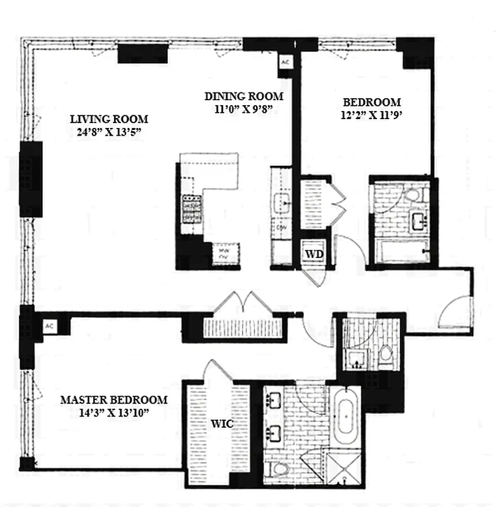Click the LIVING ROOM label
pos(108,119)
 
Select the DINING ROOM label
pos(243,96)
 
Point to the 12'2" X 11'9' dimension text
pos(372,115)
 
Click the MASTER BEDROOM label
pos(114,400)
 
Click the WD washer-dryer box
pos(315,254)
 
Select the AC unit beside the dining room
pos(285,62)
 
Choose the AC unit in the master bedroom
pos(49,326)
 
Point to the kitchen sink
pos(281,203)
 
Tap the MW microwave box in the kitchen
pos(224,253)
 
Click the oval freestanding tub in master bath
pos(347,419)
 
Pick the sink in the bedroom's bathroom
pos(419,222)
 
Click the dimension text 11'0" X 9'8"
pos(243,109)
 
